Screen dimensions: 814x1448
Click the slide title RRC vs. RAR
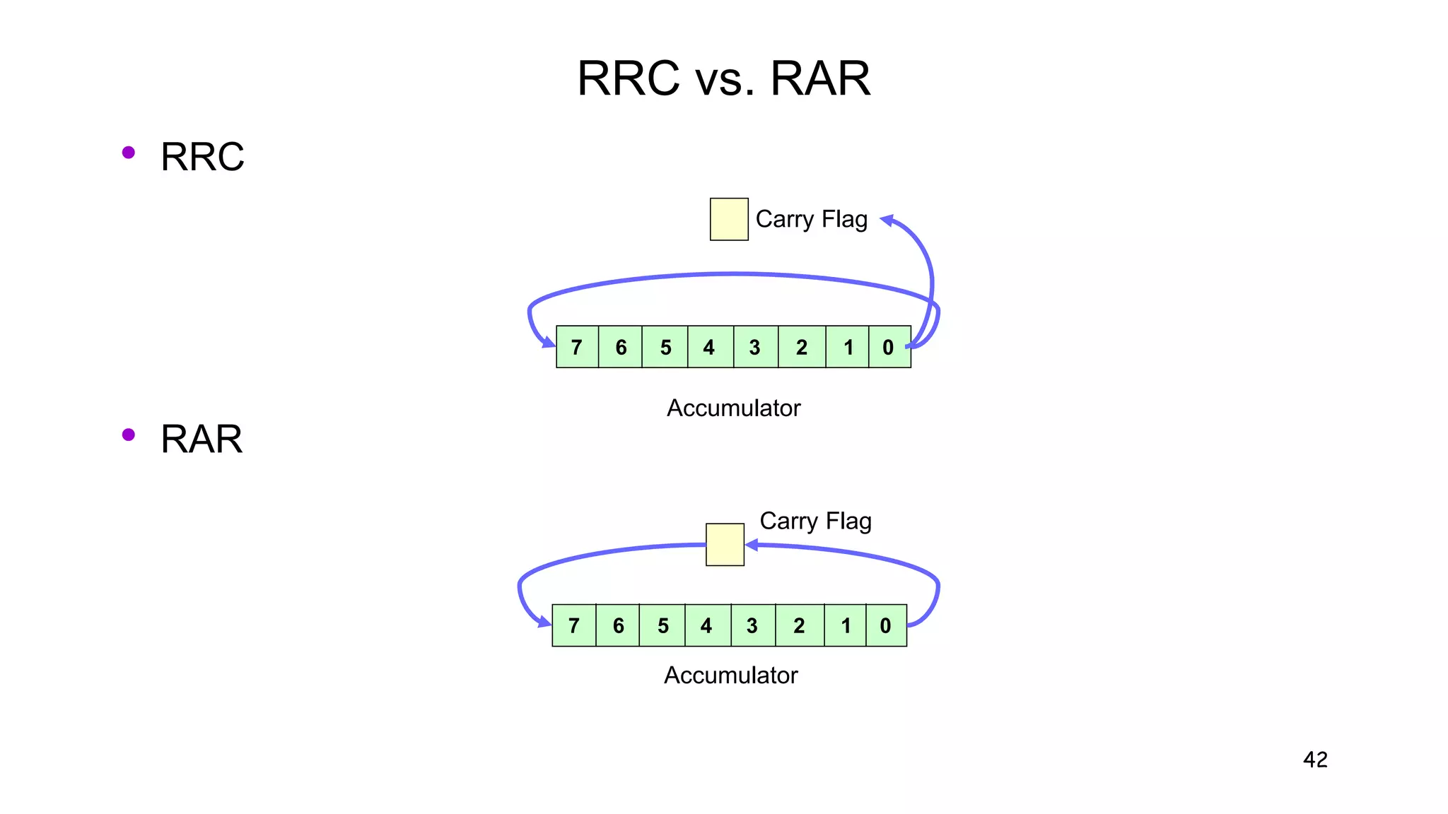click(723, 78)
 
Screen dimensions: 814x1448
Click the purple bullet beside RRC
click(128, 152)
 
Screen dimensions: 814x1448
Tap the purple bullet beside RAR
click(128, 435)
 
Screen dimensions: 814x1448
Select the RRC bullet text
click(202, 156)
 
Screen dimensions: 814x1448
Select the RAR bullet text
click(202, 439)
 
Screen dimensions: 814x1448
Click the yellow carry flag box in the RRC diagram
click(729, 219)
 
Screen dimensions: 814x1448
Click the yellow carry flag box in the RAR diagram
click(725, 544)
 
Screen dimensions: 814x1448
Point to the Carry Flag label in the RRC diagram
click(811, 219)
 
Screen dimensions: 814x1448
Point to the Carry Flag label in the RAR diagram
click(815, 521)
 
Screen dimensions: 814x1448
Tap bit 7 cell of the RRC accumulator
click(577, 347)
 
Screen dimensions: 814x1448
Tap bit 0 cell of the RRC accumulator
click(889, 347)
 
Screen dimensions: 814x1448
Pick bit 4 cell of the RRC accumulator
click(710, 347)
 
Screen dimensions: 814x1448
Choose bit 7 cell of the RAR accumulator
click(573, 625)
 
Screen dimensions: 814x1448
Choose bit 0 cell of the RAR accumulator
click(886, 625)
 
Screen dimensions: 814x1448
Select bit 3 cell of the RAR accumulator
click(752, 625)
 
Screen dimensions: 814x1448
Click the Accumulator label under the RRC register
click(733, 408)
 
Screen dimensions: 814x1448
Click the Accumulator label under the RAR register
click(730, 675)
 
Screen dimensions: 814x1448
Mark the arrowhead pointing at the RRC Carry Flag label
click(887, 220)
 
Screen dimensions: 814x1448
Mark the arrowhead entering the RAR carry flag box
click(752, 545)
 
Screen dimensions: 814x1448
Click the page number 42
click(1315, 760)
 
